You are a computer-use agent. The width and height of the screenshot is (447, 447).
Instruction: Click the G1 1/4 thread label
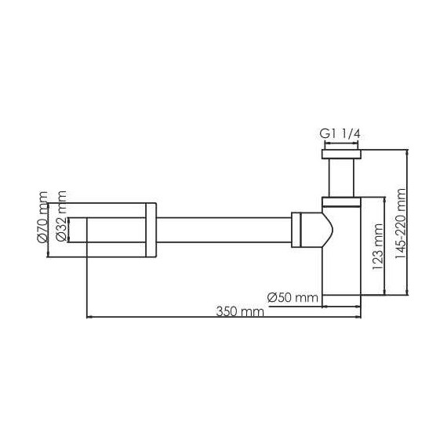[340, 133]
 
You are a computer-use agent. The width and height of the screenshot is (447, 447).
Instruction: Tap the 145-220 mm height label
[401, 223]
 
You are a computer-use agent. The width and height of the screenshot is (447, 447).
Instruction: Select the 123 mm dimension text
[378, 247]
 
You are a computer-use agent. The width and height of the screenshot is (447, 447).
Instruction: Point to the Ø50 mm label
[293, 298]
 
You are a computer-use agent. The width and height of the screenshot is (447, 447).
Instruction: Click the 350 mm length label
[240, 311]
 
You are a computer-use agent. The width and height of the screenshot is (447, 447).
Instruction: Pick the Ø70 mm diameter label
[42, 217]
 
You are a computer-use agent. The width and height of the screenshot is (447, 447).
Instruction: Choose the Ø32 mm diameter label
[61, 216]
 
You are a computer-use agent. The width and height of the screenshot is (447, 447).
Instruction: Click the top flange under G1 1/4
[341, 154]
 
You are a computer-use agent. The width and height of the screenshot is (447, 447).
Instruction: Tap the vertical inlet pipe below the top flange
[341, 178]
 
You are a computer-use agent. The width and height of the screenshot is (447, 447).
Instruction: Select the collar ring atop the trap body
[341, 202]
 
